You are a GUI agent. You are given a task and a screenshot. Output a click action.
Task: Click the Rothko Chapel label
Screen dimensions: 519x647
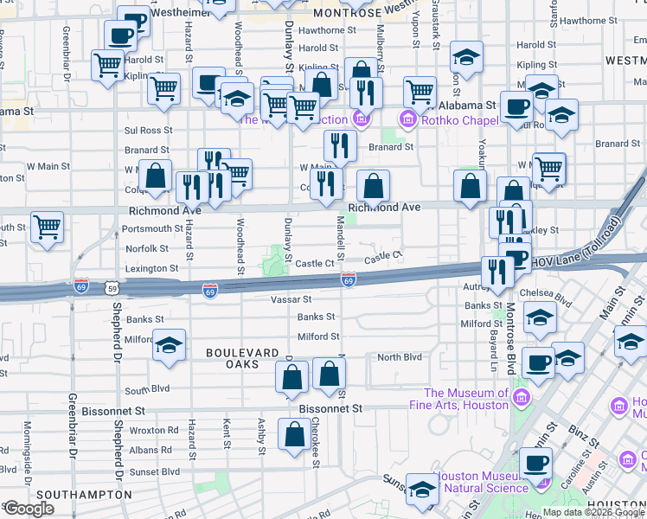click(x=457, y=120)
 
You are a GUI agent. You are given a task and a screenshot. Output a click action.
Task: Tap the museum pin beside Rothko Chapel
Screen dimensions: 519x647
click(x=407, y=119)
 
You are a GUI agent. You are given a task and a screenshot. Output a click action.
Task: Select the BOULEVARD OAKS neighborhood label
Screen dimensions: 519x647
click(x=242, y=359)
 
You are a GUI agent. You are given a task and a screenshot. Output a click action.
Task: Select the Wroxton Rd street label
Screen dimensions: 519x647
click(x=154, y=430)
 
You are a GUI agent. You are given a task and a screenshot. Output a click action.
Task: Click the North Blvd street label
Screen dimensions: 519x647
click(x=399, y=357)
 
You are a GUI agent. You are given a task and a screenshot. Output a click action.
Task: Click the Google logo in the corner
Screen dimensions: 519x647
click(x=29, y=508)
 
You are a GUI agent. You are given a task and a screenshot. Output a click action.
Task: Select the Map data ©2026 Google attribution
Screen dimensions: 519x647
click(x=593, y=512)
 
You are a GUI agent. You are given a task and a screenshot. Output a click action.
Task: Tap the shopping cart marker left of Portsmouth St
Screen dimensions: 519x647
click(x=48, y=227)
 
